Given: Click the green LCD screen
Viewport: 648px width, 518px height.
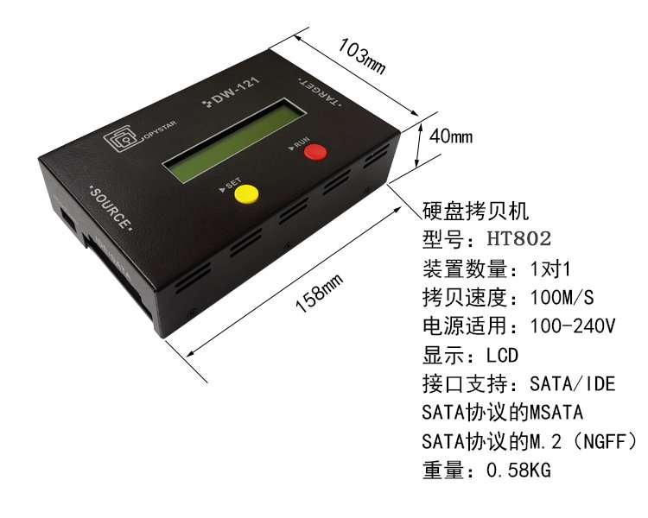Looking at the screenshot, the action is pos(235,141).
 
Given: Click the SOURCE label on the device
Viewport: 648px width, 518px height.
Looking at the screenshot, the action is pos(111,209).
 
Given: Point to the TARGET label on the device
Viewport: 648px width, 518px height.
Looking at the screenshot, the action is pos(319,92).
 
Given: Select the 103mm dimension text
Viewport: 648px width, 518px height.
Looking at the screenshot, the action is pos(362,57).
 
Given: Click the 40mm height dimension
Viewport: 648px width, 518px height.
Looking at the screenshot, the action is pos(451,136).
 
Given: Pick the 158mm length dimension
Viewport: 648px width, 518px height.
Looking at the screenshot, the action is pos(319,293).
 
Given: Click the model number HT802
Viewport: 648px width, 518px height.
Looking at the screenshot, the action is pos(519,238).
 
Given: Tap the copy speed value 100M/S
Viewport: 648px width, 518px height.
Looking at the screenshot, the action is pos(562,297).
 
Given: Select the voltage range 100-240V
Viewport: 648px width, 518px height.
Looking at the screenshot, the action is pos(572,326).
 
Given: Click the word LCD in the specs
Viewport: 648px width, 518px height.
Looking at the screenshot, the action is pos(502,355).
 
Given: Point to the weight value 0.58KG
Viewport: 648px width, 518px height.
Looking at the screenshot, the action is pos(518,470).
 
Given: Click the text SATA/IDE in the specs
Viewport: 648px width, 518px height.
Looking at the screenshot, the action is pos(572,383).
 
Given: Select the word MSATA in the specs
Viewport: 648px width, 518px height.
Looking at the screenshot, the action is pos(556,413).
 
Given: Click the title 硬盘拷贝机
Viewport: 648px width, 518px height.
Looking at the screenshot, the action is pos(475,211).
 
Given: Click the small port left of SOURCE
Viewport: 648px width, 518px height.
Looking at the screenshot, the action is pos(68,218).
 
